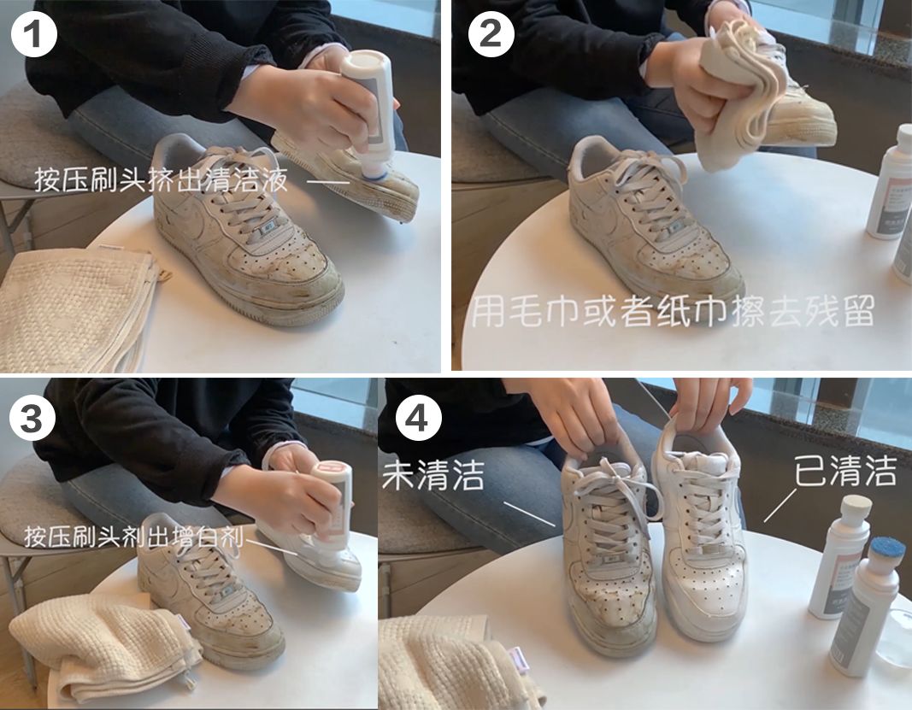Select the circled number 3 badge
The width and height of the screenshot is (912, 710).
(35, 419)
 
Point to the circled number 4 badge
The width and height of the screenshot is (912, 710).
(420, 419)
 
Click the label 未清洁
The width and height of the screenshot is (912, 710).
(433, 475)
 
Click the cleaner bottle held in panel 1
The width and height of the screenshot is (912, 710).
(369, 111)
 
